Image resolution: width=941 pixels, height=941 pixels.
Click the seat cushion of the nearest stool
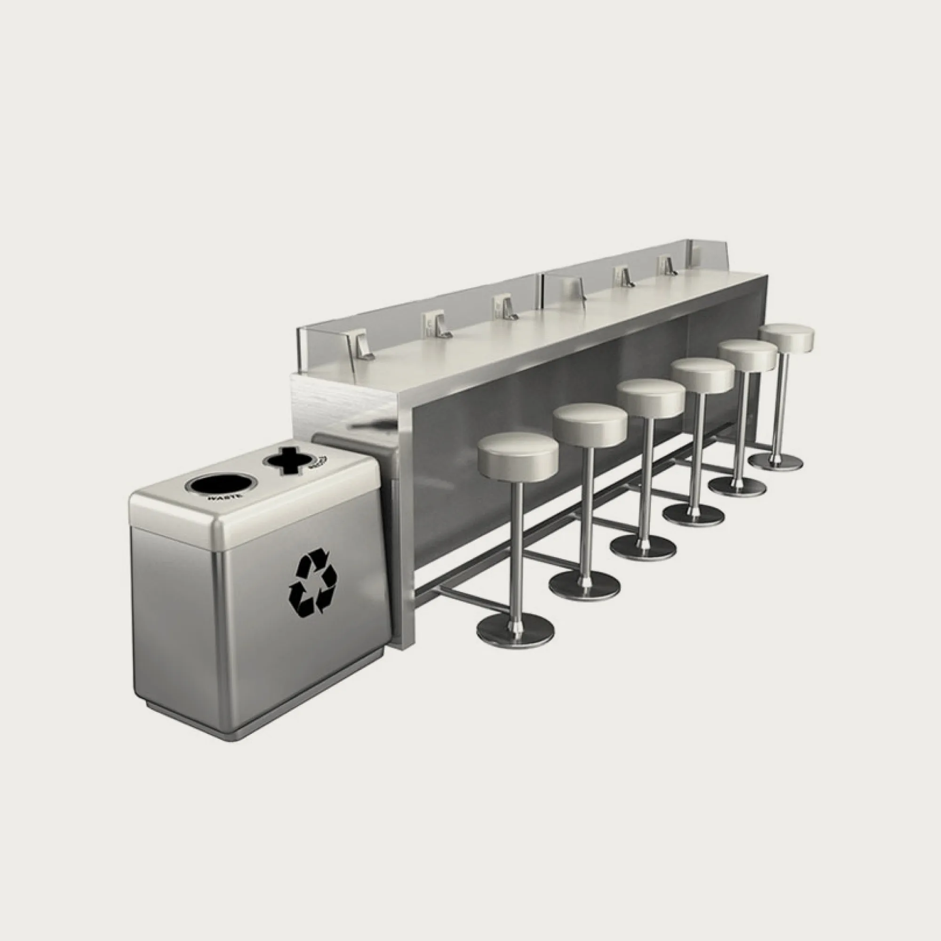(x=518, y=450)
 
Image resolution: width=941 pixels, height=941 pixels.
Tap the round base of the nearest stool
(x=515, y=630)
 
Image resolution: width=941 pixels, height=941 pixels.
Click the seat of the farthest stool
(x=786, y=336)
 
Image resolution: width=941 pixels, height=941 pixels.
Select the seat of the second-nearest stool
(x=590, y=423)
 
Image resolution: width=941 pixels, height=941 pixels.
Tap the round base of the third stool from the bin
(x=642, y=548)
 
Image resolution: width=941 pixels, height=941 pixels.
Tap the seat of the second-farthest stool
(x=748, y=355)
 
